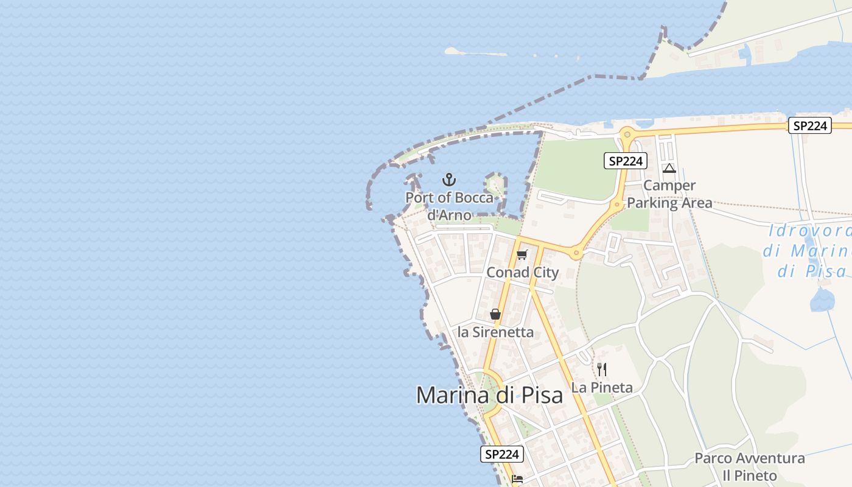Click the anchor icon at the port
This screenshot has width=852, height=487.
[449, 180]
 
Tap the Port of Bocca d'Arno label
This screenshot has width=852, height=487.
[449, 206]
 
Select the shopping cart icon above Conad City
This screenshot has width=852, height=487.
[522, 255]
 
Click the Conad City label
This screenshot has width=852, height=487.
[522, 272]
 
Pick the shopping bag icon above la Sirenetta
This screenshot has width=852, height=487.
[495, 314]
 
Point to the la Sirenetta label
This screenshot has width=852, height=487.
[495, 332]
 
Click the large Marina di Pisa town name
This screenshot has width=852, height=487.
[489, 395]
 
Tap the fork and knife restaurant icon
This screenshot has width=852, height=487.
[602, 370]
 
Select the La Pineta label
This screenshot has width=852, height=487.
[602, 387]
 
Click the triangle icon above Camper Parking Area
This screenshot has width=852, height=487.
[669, 168]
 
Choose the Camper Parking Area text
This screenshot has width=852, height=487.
[669, 194]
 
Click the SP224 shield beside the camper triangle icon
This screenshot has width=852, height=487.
[625, 161]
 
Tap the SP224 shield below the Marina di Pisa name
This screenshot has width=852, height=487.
[502, 454]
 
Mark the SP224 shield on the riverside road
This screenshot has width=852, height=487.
[809, 125]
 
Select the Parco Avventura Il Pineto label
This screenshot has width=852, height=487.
[749, 467]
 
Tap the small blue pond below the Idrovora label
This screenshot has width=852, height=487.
[822, 300]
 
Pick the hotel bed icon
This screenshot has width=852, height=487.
[517, 479]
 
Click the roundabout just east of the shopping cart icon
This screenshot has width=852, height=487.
[575, 252]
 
